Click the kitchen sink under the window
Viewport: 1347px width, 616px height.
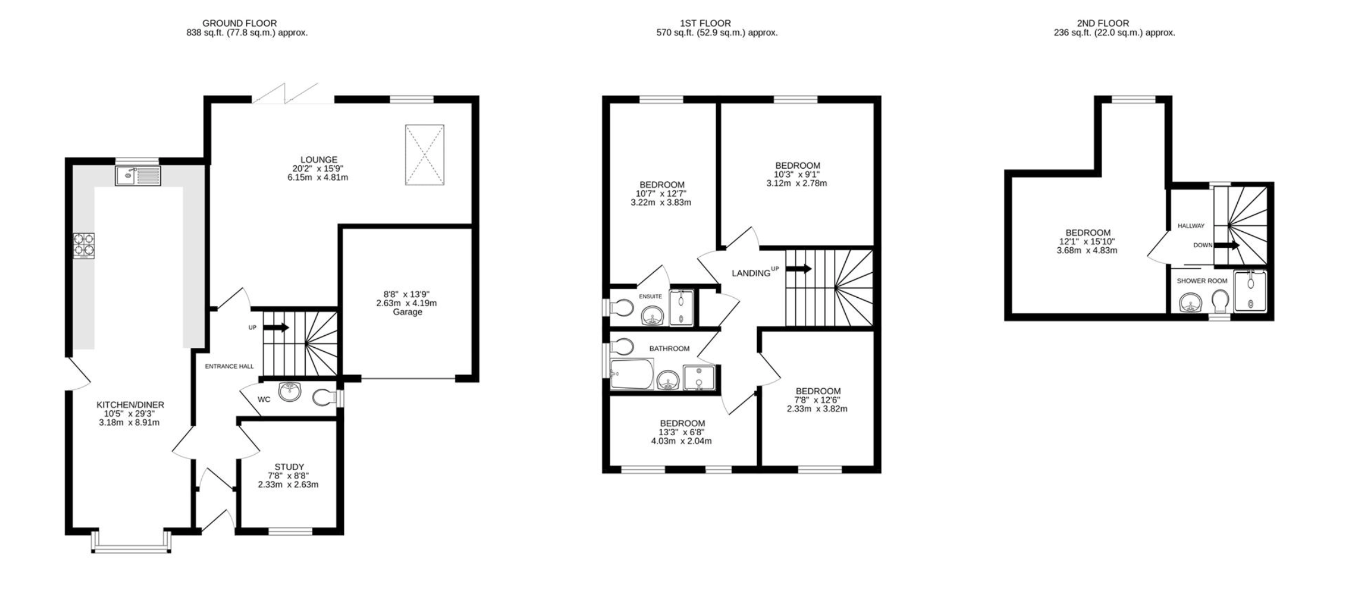coord(138,176)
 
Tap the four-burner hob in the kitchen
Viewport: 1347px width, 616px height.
coord(84,246)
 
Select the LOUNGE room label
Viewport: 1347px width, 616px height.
coord(319,160)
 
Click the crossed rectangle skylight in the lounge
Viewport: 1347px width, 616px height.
coord(425,155)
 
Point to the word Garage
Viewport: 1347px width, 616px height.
coord(408,312)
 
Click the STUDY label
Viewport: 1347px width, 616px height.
coord(289,467)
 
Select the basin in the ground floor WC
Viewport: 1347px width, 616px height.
coord(290,391)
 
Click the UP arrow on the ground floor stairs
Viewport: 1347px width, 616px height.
coord(277,327)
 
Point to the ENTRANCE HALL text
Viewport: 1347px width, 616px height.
coord(229,367)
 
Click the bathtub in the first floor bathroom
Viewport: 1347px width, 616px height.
coord(632,374)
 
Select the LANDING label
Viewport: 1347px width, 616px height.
coord(751,273)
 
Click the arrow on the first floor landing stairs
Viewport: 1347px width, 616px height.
coord(799,269)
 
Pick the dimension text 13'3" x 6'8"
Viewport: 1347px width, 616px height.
coord(682,432)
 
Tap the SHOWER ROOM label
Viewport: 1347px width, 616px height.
coord(1202,281)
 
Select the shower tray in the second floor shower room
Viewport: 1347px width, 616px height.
coord(1250,292)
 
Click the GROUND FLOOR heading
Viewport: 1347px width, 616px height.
coord(239,23)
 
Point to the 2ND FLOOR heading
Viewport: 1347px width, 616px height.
coord(1103,23)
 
